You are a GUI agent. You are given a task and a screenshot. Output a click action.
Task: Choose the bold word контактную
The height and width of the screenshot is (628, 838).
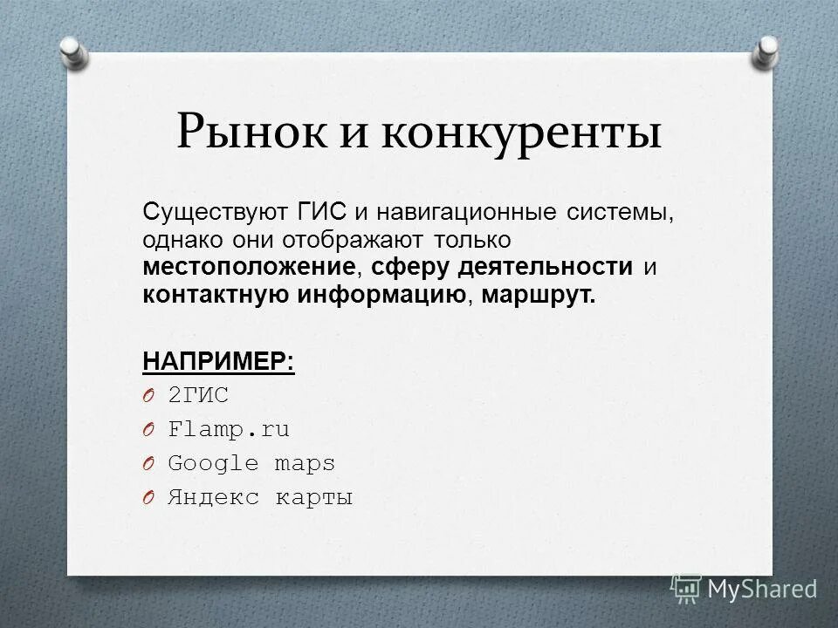click(215, 294)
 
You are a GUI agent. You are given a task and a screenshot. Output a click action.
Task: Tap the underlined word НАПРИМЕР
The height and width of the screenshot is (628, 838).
click(218, 360)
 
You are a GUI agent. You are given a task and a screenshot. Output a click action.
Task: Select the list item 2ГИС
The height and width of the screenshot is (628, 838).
click(198, 395)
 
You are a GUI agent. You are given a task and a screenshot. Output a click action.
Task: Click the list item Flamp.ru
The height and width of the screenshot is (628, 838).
click(229, 429)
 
